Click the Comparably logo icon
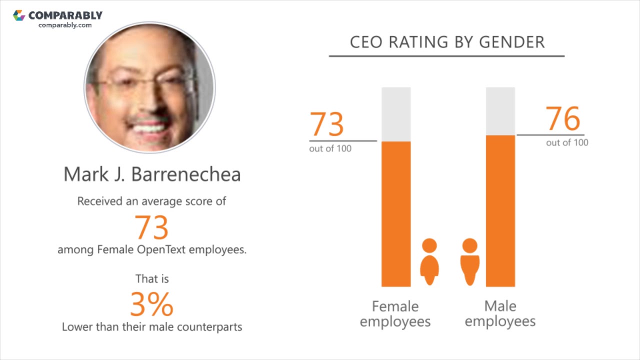(x=19, y=15)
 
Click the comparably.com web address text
(x=65, y=25)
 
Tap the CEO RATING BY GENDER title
(x=447, y=42)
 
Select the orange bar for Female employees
(x=396, y=215)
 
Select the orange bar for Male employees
(x=500, y=210)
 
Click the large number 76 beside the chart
(x=563, y=119)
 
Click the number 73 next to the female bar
(x=327, y=124)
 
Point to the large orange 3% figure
(x=151, y=304)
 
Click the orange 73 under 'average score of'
(x=151, y=227)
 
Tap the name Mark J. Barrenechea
(x=152, y=174)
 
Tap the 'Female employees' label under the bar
(x=395, y=313)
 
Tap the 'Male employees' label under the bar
(x=500, y=313)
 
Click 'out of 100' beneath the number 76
(x=567, y=142)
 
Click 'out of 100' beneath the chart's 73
(x=330, y=148)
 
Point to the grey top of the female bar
(x=396, y=114)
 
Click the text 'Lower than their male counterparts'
(x=152, y=327)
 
